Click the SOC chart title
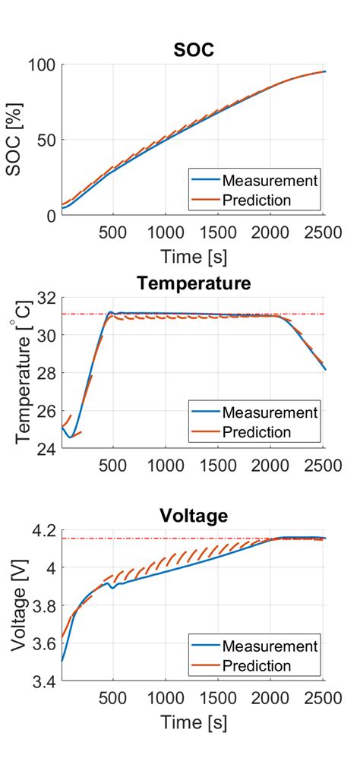tap(193, 49)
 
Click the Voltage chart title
tap(193, 516)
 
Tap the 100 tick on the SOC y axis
tap(42, 65)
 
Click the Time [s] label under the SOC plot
tap(193, 256)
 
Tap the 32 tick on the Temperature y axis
tap(46, 298)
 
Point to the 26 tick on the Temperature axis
tap(46, 411)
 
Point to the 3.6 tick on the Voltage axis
tap(42, 643)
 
